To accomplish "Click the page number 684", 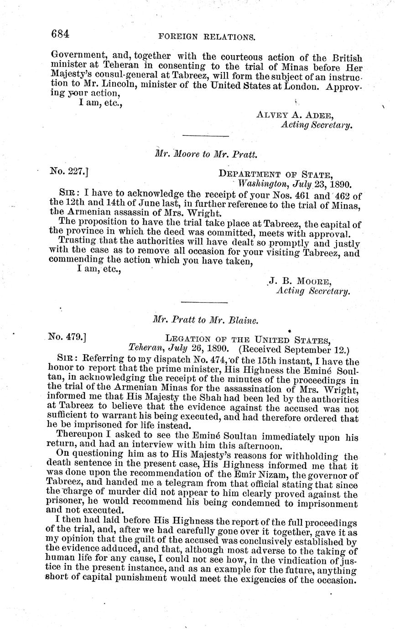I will [x=60, y=33].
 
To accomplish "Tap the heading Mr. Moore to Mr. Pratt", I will [x=207, y=154].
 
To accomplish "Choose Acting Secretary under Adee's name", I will [x=317, y=125].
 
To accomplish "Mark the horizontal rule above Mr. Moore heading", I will [x=205, y=136].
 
